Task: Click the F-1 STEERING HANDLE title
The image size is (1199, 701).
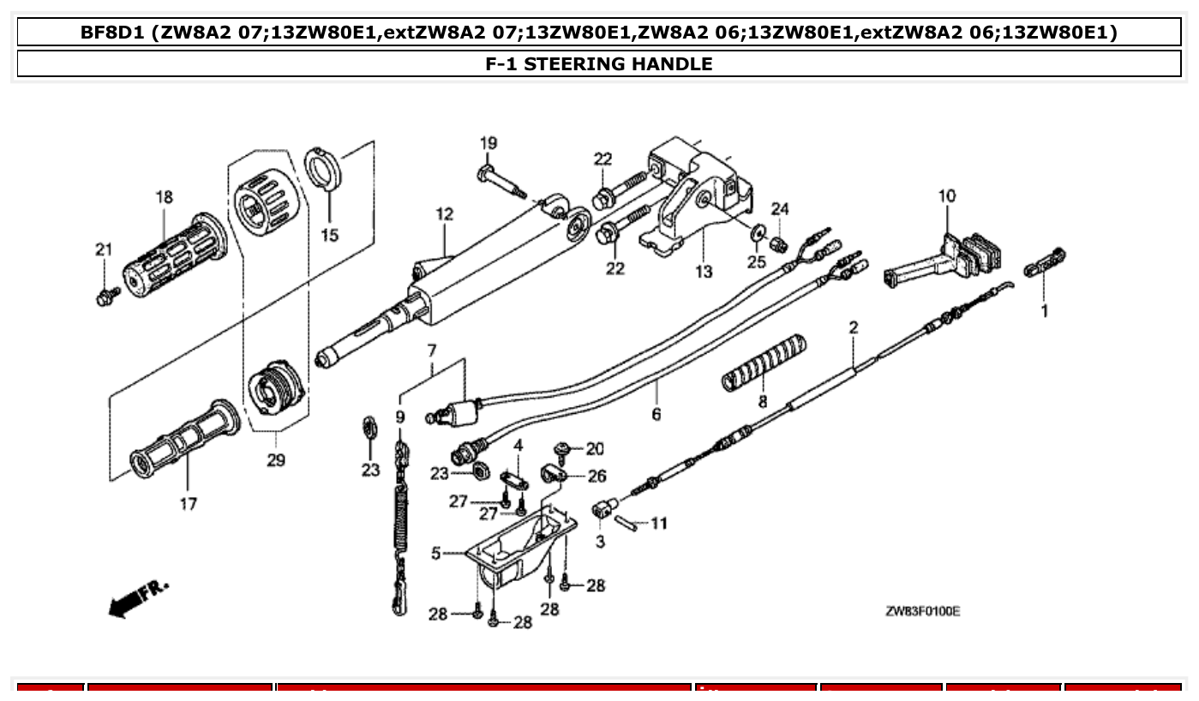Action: coord(598,63)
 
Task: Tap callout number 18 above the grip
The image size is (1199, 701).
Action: coord(164,198)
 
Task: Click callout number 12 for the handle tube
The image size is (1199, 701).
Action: coord(444,214)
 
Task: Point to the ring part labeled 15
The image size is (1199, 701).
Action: coord(324,168)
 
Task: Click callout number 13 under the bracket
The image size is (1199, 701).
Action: coord(703,273)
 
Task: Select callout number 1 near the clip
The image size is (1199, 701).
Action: coord(1044,311)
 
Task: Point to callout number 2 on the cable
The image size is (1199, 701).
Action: coord(854,327)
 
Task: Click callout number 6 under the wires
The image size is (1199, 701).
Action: coord(656,415)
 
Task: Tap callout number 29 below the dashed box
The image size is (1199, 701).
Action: coord(275,460)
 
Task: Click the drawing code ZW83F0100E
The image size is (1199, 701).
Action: coord(922,611)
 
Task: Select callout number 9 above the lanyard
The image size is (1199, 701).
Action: coord(399,417)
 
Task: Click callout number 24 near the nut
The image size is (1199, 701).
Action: coord(779,208)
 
